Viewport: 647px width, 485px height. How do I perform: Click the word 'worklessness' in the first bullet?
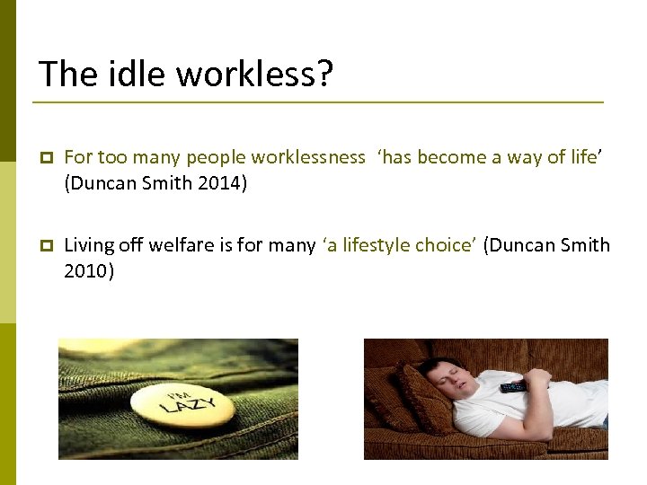point(308,157)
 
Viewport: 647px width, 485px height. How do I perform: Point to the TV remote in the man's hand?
point(514,387)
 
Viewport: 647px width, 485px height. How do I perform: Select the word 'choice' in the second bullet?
point(443,245)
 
